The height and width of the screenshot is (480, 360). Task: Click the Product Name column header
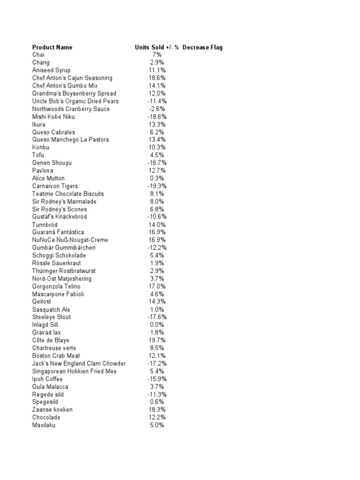[x=52, y=47]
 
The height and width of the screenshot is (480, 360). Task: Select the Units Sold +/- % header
[x=157, y=47]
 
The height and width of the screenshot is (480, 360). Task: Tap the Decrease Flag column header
[x=202, y=47]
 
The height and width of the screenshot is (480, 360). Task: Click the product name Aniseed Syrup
[x=52, y=70]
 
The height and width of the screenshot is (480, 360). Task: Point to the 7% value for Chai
[x=157, y=55]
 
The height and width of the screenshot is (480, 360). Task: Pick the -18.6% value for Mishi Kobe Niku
[x=157, y=117]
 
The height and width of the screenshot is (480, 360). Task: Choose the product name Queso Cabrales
[x=53, y=132]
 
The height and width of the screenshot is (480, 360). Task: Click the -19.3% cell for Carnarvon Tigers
[x=157, y=186]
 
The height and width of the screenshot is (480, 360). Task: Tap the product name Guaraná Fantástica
[x=58, y=232]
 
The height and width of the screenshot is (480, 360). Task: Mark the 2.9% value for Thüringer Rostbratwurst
[x=157, y=271]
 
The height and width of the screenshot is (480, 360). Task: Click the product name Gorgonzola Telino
[x=56, y=286]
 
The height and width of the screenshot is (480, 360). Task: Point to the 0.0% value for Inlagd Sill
[x=157, y=325]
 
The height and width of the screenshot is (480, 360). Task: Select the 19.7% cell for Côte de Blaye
[x=157, y=340]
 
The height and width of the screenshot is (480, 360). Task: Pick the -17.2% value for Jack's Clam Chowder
[x=157, y=363]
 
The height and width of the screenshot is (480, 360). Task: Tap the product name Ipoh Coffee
[x=47, y=379]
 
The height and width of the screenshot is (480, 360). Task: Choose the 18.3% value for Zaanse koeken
[x=157, y=410]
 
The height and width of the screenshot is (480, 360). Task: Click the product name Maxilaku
[x=44, y=425]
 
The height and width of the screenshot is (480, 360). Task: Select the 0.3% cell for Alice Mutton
[x=157, y=179]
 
